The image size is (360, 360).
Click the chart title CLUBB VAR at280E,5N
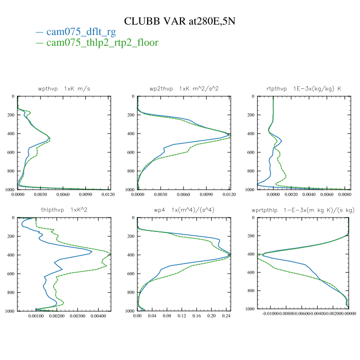(180, 21)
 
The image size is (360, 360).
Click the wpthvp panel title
(64, 88)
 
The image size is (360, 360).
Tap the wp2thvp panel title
(184, 88)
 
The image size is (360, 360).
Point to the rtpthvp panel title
(302, 88)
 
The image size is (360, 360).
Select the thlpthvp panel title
(64, 210)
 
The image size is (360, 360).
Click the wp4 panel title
(184, 210)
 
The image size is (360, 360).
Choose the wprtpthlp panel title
(302, 210)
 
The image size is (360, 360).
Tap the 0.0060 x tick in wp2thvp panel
(184, 195)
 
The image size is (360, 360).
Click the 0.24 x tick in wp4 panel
(226, 316)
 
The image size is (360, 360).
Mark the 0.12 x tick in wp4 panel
(182, 316)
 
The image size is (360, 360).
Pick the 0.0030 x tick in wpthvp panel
(40, 195)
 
